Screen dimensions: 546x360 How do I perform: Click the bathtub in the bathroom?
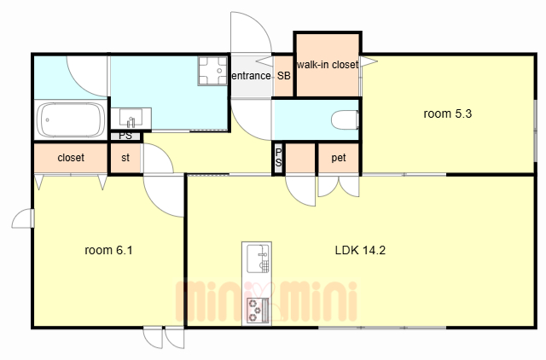71,120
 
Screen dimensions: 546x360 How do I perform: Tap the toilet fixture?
345,119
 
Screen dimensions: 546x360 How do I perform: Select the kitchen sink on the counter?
258,258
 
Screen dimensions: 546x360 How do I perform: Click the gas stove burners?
258,310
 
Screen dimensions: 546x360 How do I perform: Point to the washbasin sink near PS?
131,119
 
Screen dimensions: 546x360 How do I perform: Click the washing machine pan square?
212,71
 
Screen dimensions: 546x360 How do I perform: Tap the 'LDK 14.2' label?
360,250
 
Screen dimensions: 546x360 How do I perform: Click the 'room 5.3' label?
447,113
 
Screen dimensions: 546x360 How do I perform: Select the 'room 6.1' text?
108,250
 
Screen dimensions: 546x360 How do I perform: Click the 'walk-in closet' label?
328,65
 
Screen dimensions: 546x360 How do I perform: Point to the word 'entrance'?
251,76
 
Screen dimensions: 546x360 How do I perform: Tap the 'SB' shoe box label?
284,76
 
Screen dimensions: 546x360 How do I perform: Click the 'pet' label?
339,158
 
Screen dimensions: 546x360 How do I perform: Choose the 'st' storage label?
125,158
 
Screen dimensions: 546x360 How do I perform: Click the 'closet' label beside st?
71,158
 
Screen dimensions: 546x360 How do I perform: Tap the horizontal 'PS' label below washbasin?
125,136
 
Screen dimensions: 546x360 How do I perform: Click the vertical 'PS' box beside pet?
279,158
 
